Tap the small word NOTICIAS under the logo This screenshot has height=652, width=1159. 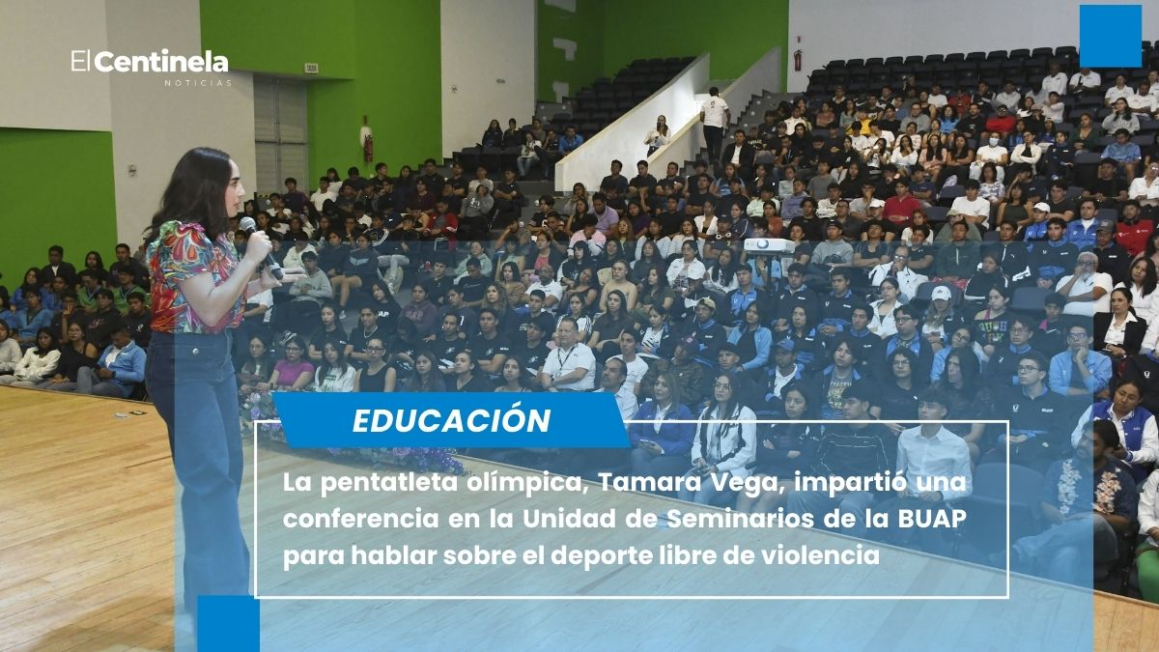(197, 84)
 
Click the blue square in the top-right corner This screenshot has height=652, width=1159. (1110, 36)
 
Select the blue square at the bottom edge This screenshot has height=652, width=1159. (228, 623)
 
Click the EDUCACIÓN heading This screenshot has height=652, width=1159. (451, 421)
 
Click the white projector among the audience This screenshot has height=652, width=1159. (769, 245)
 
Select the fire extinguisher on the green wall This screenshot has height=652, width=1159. (367, 147)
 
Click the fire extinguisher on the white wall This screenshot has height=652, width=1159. (798, 60)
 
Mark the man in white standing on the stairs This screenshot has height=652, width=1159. (715, 122)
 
